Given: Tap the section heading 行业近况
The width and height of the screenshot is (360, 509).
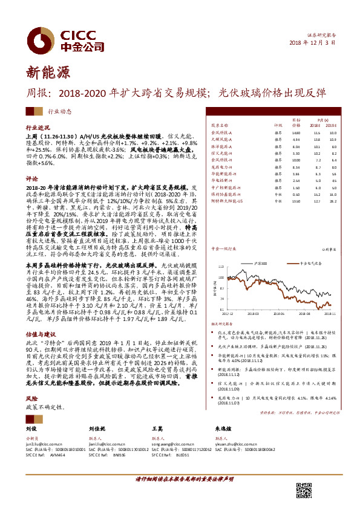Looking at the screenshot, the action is (x=37, y=129).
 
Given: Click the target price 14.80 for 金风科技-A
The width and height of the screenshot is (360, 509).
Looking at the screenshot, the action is (x=296, y=132).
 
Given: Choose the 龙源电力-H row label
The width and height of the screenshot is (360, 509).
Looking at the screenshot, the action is (x=220, y=166).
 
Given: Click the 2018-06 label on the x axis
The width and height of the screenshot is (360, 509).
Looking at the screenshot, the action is (x=278, y=314).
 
